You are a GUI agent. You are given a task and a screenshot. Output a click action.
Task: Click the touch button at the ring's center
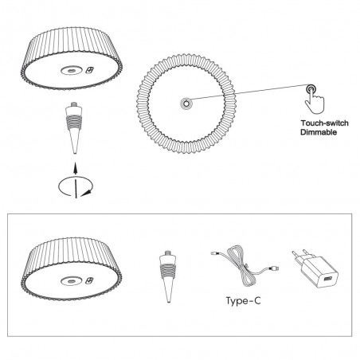pos(186,103)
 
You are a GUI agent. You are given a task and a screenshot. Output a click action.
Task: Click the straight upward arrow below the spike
pos(75,168)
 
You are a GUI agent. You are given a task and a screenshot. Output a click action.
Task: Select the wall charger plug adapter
pos(313,269)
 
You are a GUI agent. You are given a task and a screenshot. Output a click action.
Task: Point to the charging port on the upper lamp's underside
pos(90,70)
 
